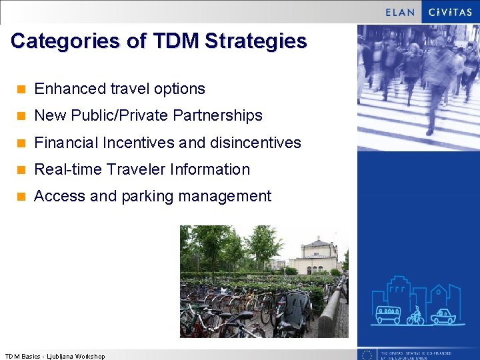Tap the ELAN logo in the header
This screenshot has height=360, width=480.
pos(400,12)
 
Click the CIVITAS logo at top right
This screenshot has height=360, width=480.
pos(450,12)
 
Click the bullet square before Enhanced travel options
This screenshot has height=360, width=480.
pos(21,89)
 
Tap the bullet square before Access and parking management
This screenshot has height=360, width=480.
pos(21,197)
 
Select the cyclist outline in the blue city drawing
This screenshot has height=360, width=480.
pos(415,315)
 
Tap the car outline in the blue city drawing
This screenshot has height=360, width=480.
pos(443,316)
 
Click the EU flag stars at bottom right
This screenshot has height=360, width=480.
pos(366,355)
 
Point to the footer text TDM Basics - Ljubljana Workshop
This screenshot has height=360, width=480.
pos(55,356)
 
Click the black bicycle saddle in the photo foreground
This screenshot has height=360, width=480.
pos(243,315)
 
